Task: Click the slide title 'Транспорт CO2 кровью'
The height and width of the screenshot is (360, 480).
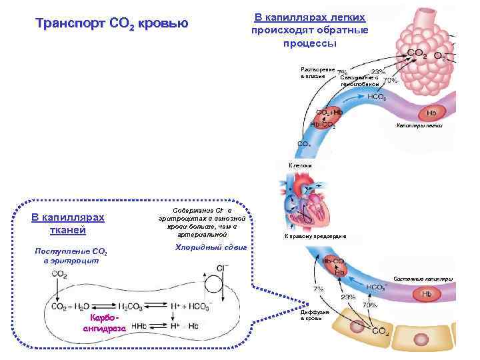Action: tap(111, 25)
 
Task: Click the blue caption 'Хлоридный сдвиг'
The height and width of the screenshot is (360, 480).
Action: tap(211, 247)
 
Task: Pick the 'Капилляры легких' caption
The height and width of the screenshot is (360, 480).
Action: tap(423, 125)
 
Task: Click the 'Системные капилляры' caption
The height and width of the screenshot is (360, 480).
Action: tap(423, 277)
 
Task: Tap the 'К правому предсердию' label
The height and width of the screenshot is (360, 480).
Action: tap(315, 237)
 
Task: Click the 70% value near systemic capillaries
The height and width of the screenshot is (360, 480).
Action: tap(368, 305)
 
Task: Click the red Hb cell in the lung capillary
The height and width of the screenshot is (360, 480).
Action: tap(431, 113)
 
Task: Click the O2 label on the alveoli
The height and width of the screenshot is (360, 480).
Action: tap(441, 57)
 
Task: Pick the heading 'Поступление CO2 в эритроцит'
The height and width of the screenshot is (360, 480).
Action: tap(70, 255)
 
